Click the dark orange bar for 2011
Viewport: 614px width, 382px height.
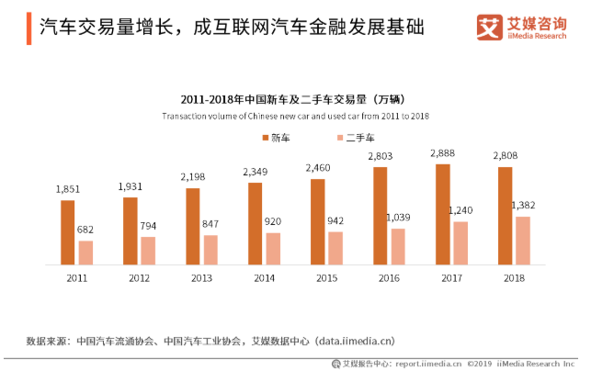(x=67, y=232)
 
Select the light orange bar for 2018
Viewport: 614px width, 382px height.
(x=523, y=241)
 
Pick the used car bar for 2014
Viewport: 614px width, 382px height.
(x=273, y=249)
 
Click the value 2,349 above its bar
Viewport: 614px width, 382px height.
(x=256, y=173)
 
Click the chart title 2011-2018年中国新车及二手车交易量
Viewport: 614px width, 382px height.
(x=295, y=99)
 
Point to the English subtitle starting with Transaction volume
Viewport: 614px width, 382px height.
(x=295, y=117)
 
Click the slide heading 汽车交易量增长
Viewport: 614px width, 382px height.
(x=110, y=27)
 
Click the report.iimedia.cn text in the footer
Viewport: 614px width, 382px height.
(x=428, y=364)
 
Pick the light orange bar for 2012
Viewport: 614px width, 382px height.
(x=148, y=251)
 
